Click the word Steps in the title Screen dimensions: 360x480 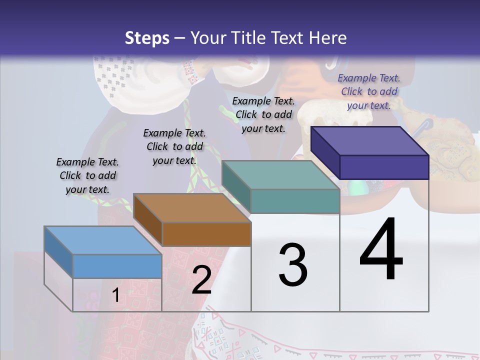tap(147, 38)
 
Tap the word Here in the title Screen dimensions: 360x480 tap(327, 38)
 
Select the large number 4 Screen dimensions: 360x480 tap(381, 250)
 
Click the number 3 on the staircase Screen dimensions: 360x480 tap(293, 265)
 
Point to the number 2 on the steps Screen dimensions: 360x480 tap(201, 280)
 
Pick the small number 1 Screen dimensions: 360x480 tap(115, 295)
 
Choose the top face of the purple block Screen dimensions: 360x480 tap(370, 140)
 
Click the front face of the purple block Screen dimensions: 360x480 tap(384, 167)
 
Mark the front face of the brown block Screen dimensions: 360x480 tap(206, 234)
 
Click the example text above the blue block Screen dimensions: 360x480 tap(88, 175)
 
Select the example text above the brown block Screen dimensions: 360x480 tap(174, 146)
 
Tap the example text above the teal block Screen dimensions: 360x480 tap(263, 114)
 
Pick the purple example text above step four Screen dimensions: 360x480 tap(369, 91)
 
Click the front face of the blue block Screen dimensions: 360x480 tap(117, 266)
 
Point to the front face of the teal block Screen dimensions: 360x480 tap(295, 201)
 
